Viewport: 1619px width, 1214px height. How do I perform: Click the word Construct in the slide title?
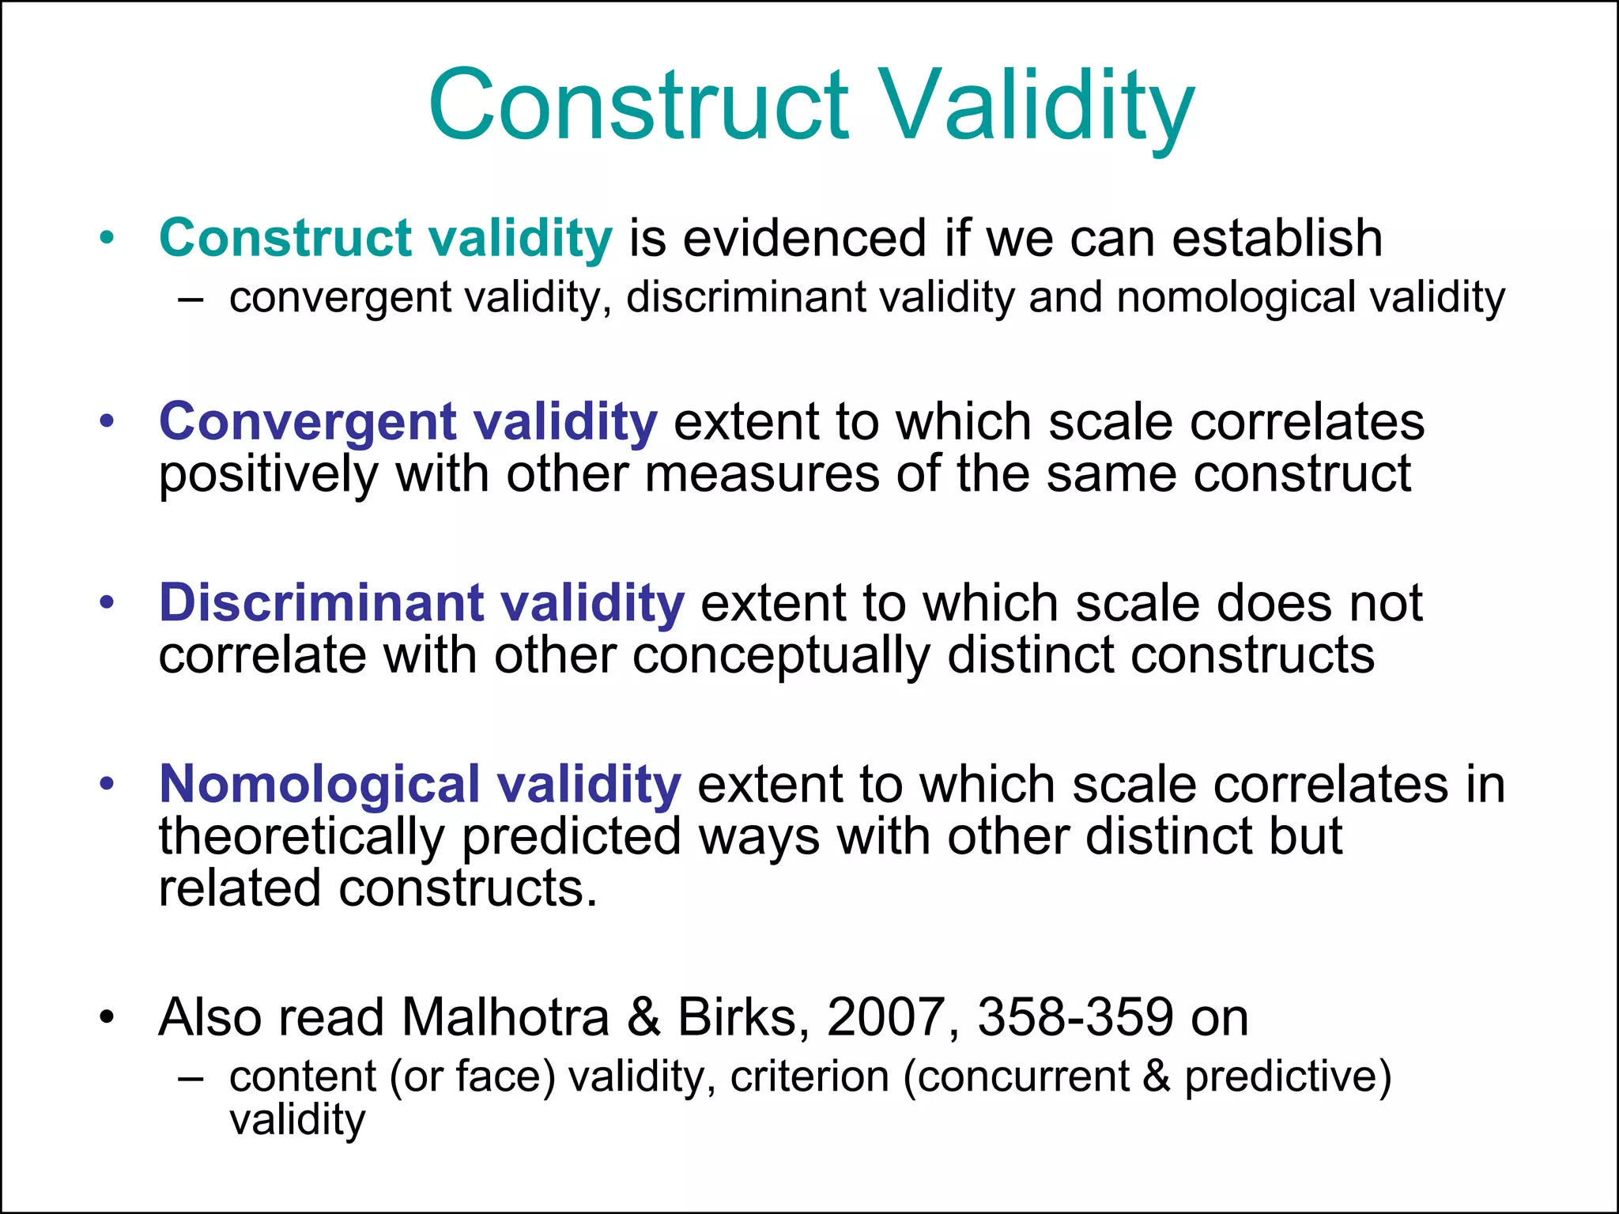pyautogui.click(x=639, y=105)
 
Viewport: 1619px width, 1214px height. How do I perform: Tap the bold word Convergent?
pyautogui.click(x=308, y=421)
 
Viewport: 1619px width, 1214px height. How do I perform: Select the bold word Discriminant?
pyautogui.click(x=320, y=603)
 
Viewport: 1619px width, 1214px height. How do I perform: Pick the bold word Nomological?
pyautogui.click(x=319, y=784)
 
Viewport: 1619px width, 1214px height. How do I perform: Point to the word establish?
pyautogui.click(x=1277, y=238)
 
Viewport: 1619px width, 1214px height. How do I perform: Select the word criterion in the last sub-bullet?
pyautogui.click(x=809, y=1076)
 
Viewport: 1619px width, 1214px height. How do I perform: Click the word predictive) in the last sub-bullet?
pyautogui.click(x=1288, y=1076)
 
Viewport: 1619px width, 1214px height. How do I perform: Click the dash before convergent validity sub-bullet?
pyautogui.click(x=191, y=300)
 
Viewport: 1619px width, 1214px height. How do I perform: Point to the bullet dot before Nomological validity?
pyautogui.click(x=108, y=784)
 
